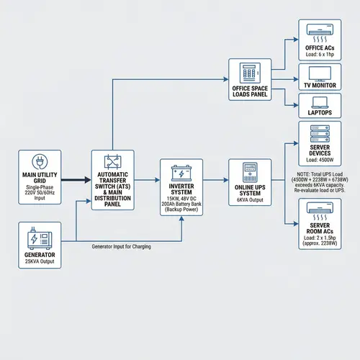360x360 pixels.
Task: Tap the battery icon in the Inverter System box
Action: pos(181,173)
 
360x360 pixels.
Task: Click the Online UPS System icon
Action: pos(249,172)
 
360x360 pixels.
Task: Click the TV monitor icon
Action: pos(319,74)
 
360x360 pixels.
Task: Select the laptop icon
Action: pos(319,104)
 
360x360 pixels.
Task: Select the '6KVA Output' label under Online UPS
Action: pos(249,199)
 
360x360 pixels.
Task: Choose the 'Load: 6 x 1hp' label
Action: pos(318,53)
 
